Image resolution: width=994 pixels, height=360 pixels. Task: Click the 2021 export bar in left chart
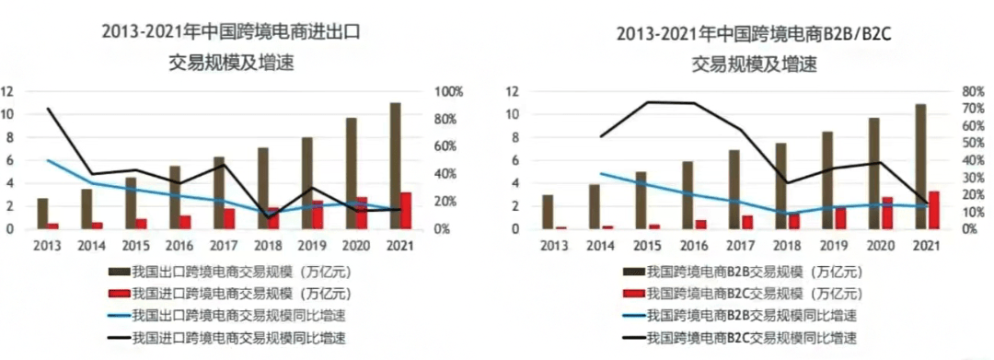tap(395, 166)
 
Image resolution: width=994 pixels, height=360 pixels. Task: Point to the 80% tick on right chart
tap(972, 92)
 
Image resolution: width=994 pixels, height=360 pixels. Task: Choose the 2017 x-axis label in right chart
tap(740, 247)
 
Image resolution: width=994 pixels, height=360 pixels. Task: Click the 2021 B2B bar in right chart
tap(919, 166)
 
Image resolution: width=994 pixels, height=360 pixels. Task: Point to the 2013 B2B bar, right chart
tap(548, 212)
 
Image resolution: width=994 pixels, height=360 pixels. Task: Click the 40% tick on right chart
tap(972, 160)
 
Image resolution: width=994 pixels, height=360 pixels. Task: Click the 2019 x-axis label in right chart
tap(833, 247)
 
